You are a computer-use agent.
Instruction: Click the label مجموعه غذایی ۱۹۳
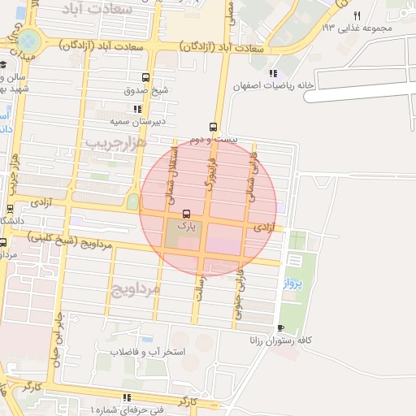click(x=357, y=28)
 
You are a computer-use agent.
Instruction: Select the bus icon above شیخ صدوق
click(x=145, y=78)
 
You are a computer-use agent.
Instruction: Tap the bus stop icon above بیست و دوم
click(x=213, y=127)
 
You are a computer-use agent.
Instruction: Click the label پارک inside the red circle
click(x=188, y=228)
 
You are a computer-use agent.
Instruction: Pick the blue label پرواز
click(x=292, y=284)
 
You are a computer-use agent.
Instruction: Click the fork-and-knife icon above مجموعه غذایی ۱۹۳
click(x=357, y=15)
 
